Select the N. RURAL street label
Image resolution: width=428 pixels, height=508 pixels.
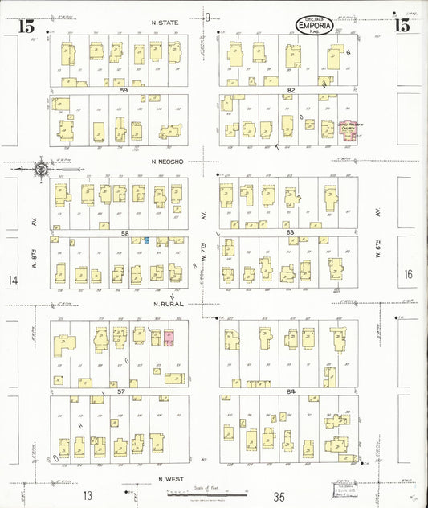[167, 304]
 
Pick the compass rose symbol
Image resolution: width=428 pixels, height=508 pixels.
[41, 169]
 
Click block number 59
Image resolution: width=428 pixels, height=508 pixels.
[124, 91]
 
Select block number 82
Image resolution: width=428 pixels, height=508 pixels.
[291, 91]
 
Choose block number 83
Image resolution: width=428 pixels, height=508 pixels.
[291, 232]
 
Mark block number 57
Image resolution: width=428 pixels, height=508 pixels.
[122, 390]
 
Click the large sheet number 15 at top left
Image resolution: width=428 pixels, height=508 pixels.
[26, 26]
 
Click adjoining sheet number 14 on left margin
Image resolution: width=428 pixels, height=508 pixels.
[12, 280]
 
